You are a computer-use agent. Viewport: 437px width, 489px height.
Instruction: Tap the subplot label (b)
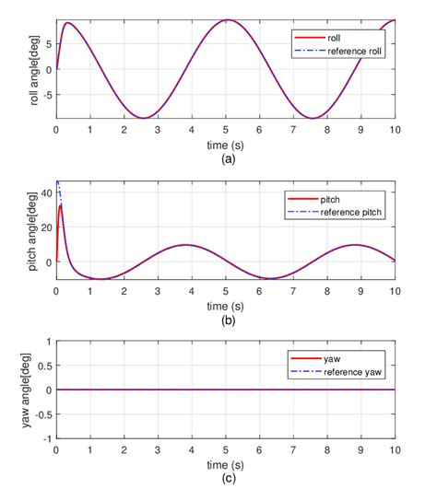tap(226, 317)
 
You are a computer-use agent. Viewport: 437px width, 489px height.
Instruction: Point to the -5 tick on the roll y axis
tap(47, 93)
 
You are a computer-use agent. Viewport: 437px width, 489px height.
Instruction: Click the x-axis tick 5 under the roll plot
tap(226, 130)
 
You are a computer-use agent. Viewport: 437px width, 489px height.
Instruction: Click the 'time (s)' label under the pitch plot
tap(226, 304)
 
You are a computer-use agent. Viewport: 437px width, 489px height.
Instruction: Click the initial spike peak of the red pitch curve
tap(61, 204)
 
